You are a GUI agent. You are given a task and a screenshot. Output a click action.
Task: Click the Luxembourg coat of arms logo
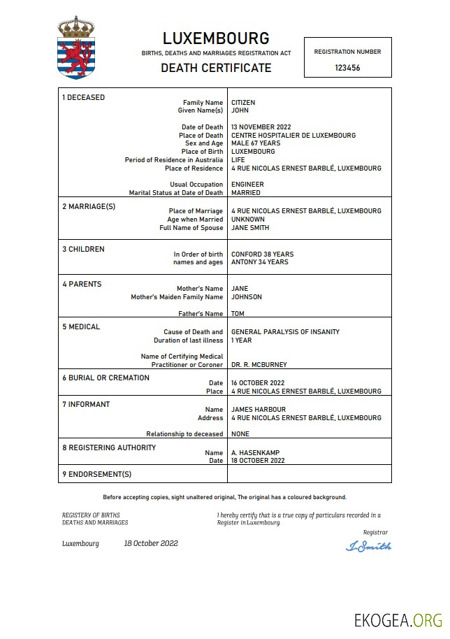coord(75,48)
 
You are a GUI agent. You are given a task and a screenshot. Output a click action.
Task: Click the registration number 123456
coord(347,68)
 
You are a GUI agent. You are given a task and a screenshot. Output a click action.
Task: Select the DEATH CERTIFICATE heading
coord(216,68)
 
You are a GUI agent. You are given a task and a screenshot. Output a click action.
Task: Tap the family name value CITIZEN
coord(243,102)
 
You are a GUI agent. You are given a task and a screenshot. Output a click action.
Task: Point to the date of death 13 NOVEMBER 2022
coord(261,127)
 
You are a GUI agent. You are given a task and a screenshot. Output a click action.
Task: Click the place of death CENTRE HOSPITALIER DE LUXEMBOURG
coord(293,135)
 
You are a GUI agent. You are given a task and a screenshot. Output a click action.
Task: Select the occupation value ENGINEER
coord(247,185)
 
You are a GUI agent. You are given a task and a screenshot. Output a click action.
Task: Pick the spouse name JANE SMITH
coord(250,227)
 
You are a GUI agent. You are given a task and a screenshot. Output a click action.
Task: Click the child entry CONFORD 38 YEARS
coord(262,254)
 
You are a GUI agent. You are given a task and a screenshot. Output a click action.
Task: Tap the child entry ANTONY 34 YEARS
coord(259,262)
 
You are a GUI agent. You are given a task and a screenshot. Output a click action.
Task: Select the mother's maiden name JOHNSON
coord(247,296)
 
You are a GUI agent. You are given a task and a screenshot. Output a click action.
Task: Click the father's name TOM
coord(238,314)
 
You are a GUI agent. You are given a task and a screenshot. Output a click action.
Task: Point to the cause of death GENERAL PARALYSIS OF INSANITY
coord(285,332)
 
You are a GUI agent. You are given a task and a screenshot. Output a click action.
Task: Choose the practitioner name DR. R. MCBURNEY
coord(259,364)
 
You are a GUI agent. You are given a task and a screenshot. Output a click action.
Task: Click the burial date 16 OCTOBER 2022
coord(258,383)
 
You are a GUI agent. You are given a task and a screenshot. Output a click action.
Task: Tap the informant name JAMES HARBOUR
coord(259,410)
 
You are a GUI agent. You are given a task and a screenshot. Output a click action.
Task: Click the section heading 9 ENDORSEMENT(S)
coord(96,475)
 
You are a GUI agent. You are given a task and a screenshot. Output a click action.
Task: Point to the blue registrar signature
coord(368,546)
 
